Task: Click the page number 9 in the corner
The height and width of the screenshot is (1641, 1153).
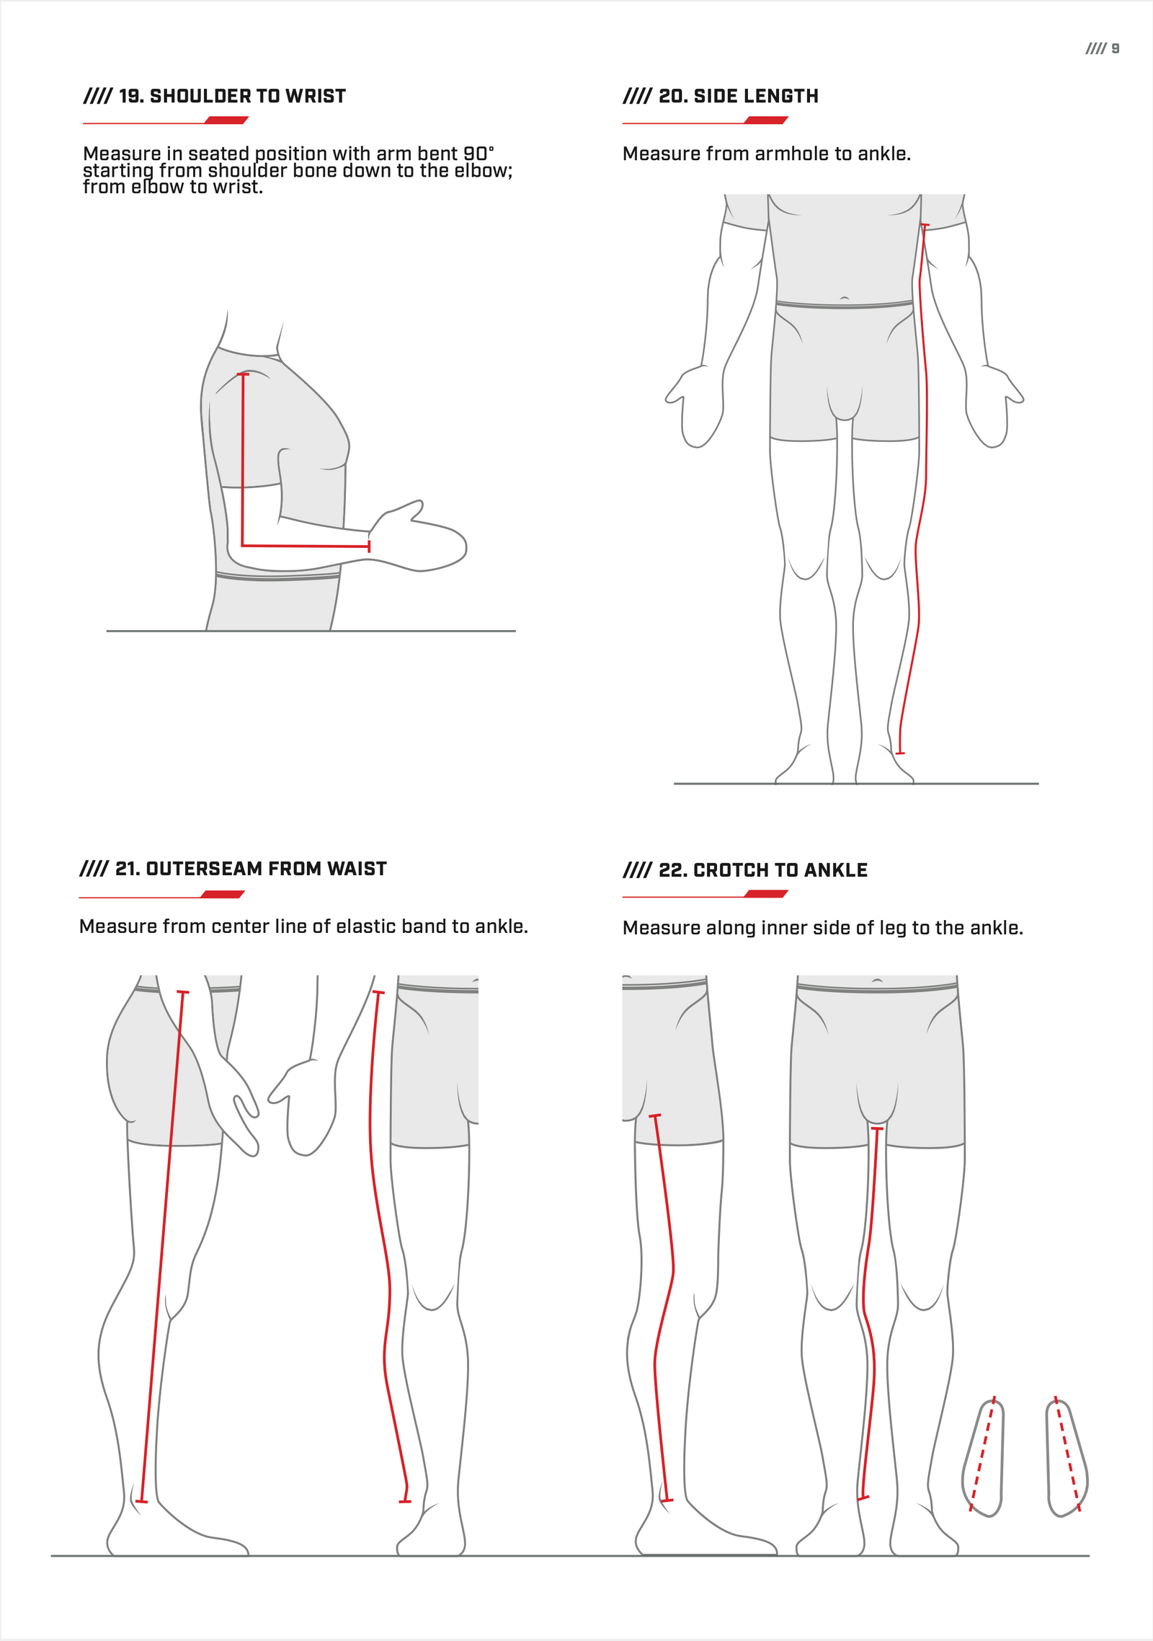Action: coord(1116,48)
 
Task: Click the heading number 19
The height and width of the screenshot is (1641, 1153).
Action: coord(130,97)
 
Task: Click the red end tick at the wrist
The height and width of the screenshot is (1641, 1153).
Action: coord(369,547)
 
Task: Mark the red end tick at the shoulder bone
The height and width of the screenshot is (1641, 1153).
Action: coord(244,374)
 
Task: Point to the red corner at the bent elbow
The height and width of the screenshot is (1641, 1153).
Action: coord(242,545)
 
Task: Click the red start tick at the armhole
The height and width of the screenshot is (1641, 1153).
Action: coord(925,226)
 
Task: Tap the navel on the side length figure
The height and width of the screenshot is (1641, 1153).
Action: coord(845,298)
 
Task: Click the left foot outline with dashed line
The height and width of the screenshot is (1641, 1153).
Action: coord(983,1456)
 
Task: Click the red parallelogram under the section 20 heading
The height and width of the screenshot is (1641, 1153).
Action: coord(765,120)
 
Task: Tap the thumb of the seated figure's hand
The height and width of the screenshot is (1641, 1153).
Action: coord(412,508)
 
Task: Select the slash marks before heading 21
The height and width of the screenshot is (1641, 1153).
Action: coord(94,869)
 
